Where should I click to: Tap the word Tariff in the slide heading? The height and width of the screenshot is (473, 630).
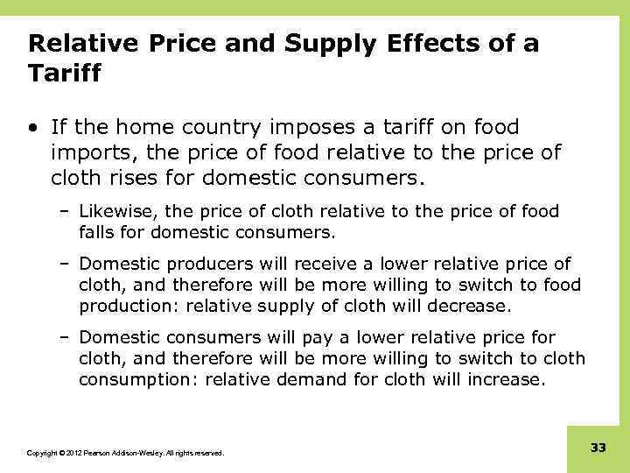65,74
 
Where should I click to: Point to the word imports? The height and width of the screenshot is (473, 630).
88,153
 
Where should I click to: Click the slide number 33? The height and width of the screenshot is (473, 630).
598,448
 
